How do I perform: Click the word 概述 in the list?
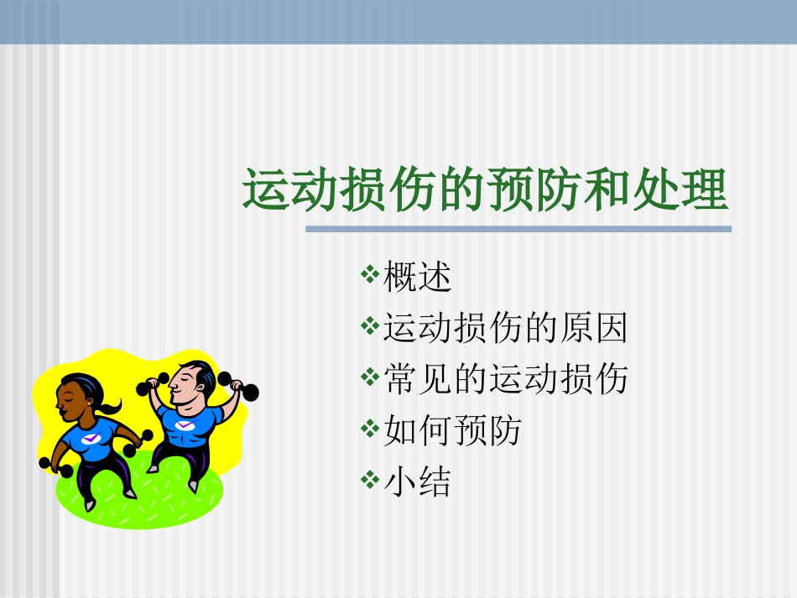(x=417, y=278)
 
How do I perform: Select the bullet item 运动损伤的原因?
(x=505, y=329)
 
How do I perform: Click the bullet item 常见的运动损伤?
(x=505, y=380)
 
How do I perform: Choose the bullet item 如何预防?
(x=452, y=431)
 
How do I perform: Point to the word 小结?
(x=417, y=482)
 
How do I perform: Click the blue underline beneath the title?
(x=518, y=228)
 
